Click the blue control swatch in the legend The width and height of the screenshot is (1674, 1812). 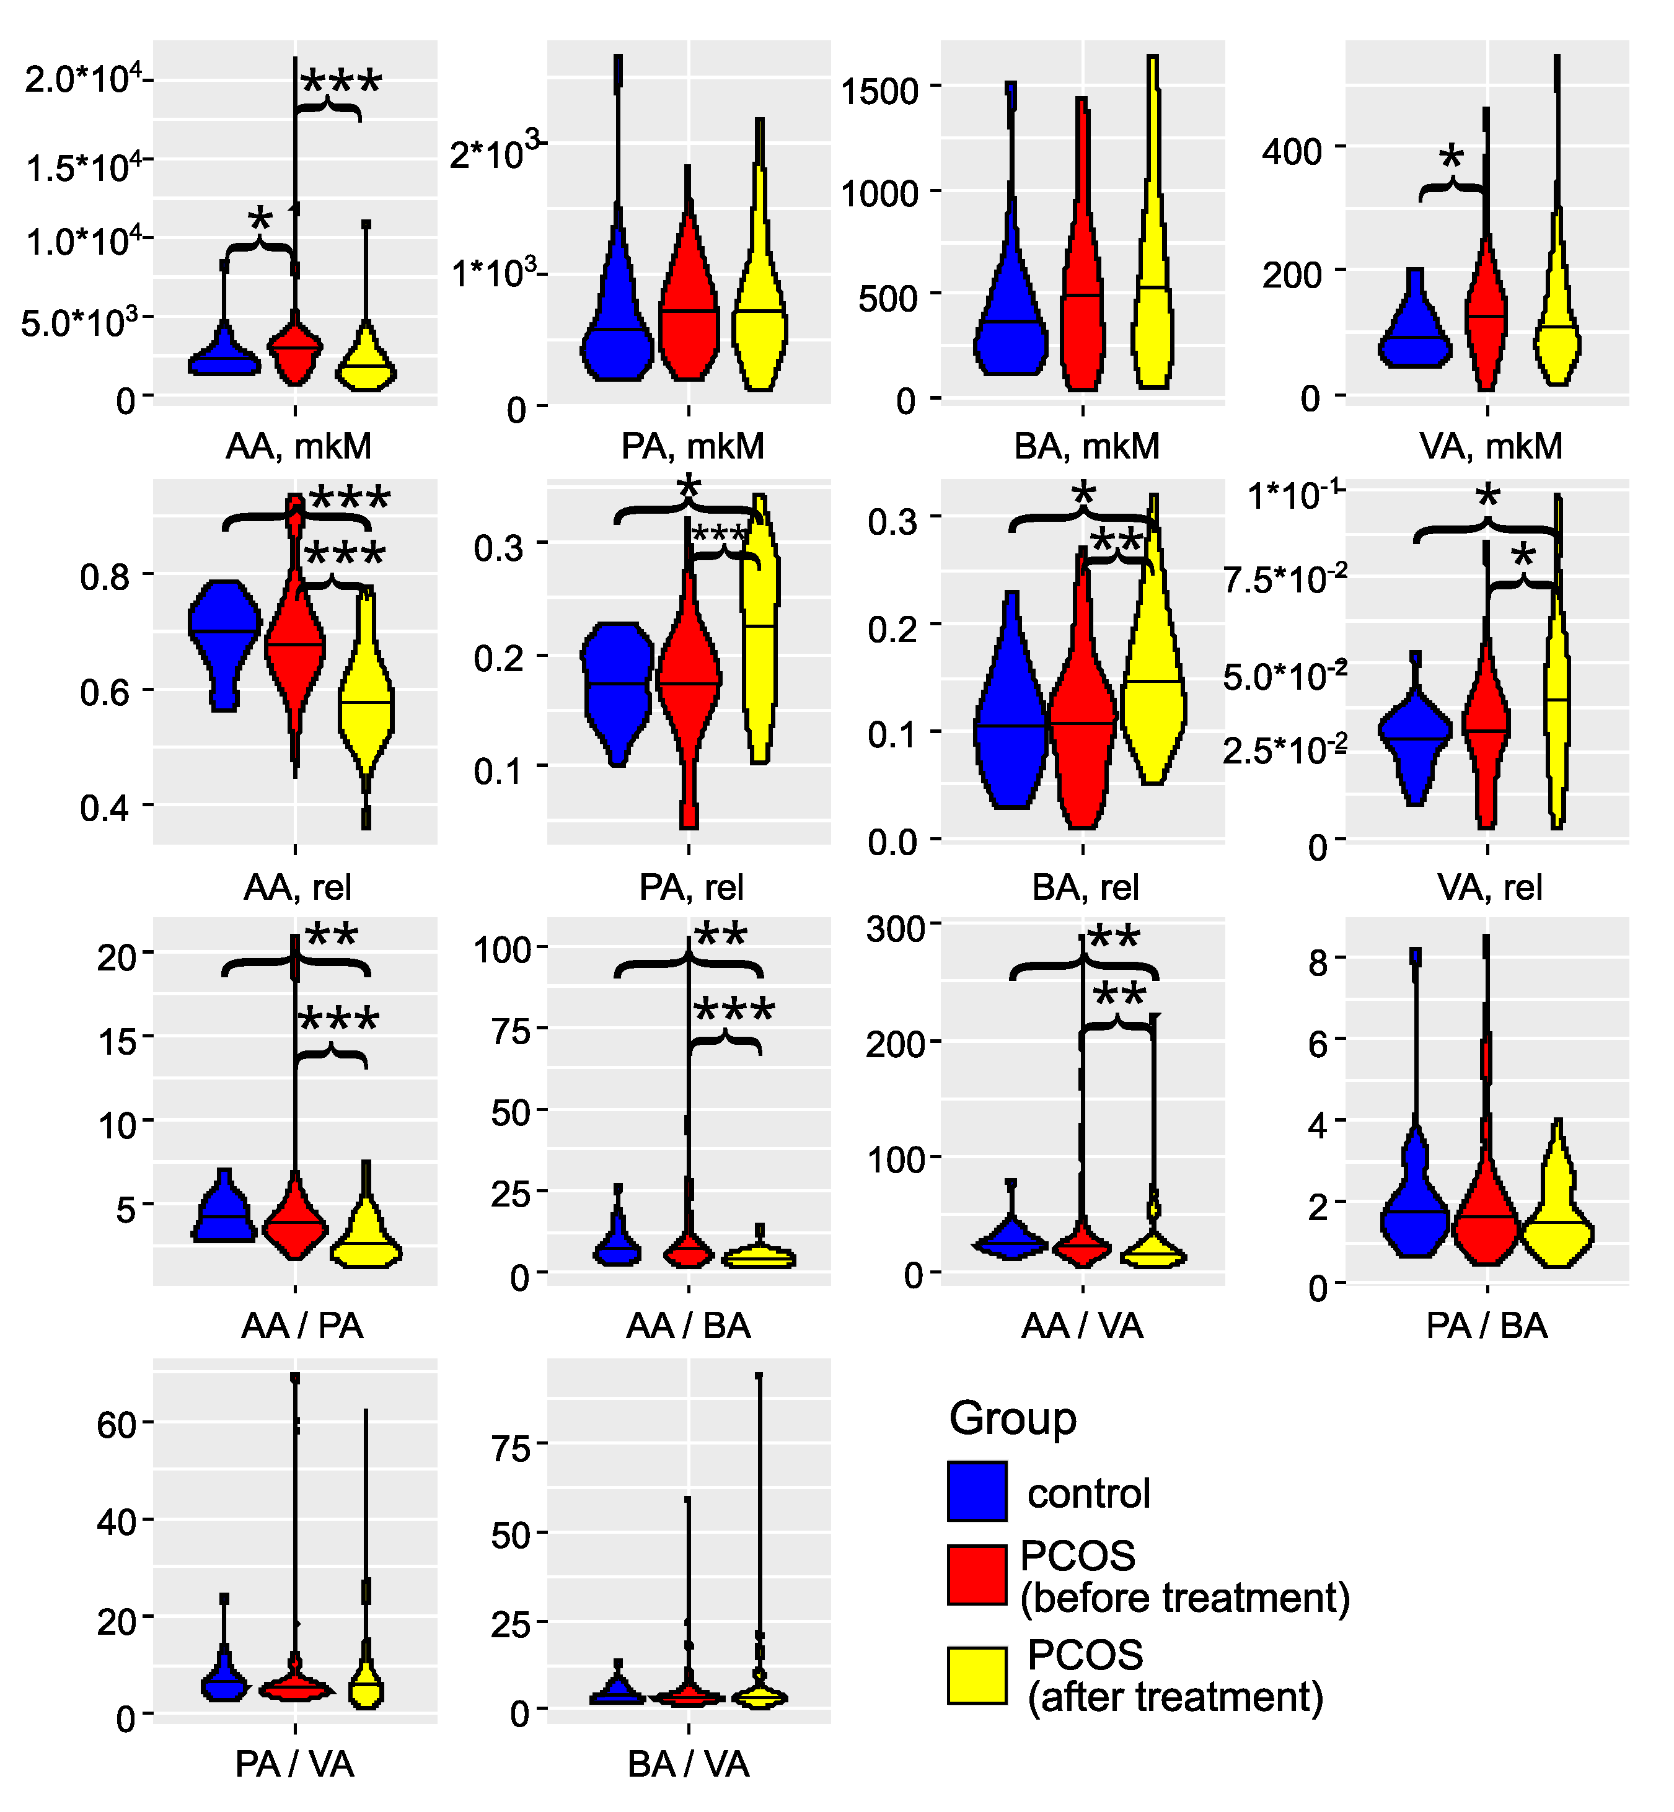(977, 1490)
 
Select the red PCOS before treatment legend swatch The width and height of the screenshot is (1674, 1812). (977, 1575)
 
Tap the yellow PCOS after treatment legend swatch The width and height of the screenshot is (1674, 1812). (977, 1674)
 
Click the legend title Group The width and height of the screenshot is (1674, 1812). (1012, 1417)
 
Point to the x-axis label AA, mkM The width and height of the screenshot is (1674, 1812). (298, 446)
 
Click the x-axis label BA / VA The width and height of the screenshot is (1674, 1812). (689, 1764)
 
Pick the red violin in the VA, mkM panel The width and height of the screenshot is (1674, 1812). (1486, 317)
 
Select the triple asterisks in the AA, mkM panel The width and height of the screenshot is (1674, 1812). (341, 83)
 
